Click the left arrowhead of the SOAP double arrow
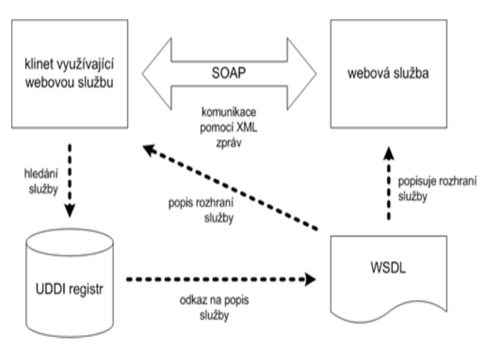coord(153,75)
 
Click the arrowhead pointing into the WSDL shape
coord(310,278)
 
